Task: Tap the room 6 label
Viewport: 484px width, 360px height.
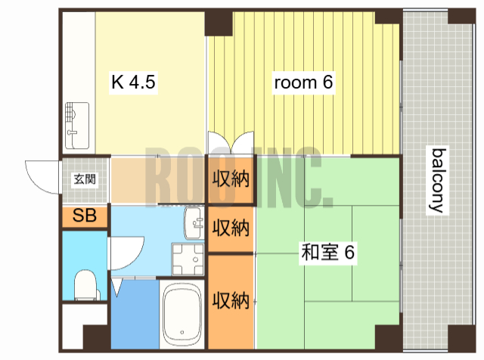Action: coord(303,82)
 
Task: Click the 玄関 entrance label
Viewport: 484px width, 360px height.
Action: coord(84,180)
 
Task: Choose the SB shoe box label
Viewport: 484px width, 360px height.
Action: coord(85,216)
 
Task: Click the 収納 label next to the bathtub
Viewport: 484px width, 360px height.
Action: coord(231,300)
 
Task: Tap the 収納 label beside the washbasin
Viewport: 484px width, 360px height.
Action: coord(231,227)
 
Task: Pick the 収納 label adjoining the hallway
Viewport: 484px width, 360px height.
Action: coord(231,180)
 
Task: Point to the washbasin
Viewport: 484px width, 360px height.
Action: coord(195,222)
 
